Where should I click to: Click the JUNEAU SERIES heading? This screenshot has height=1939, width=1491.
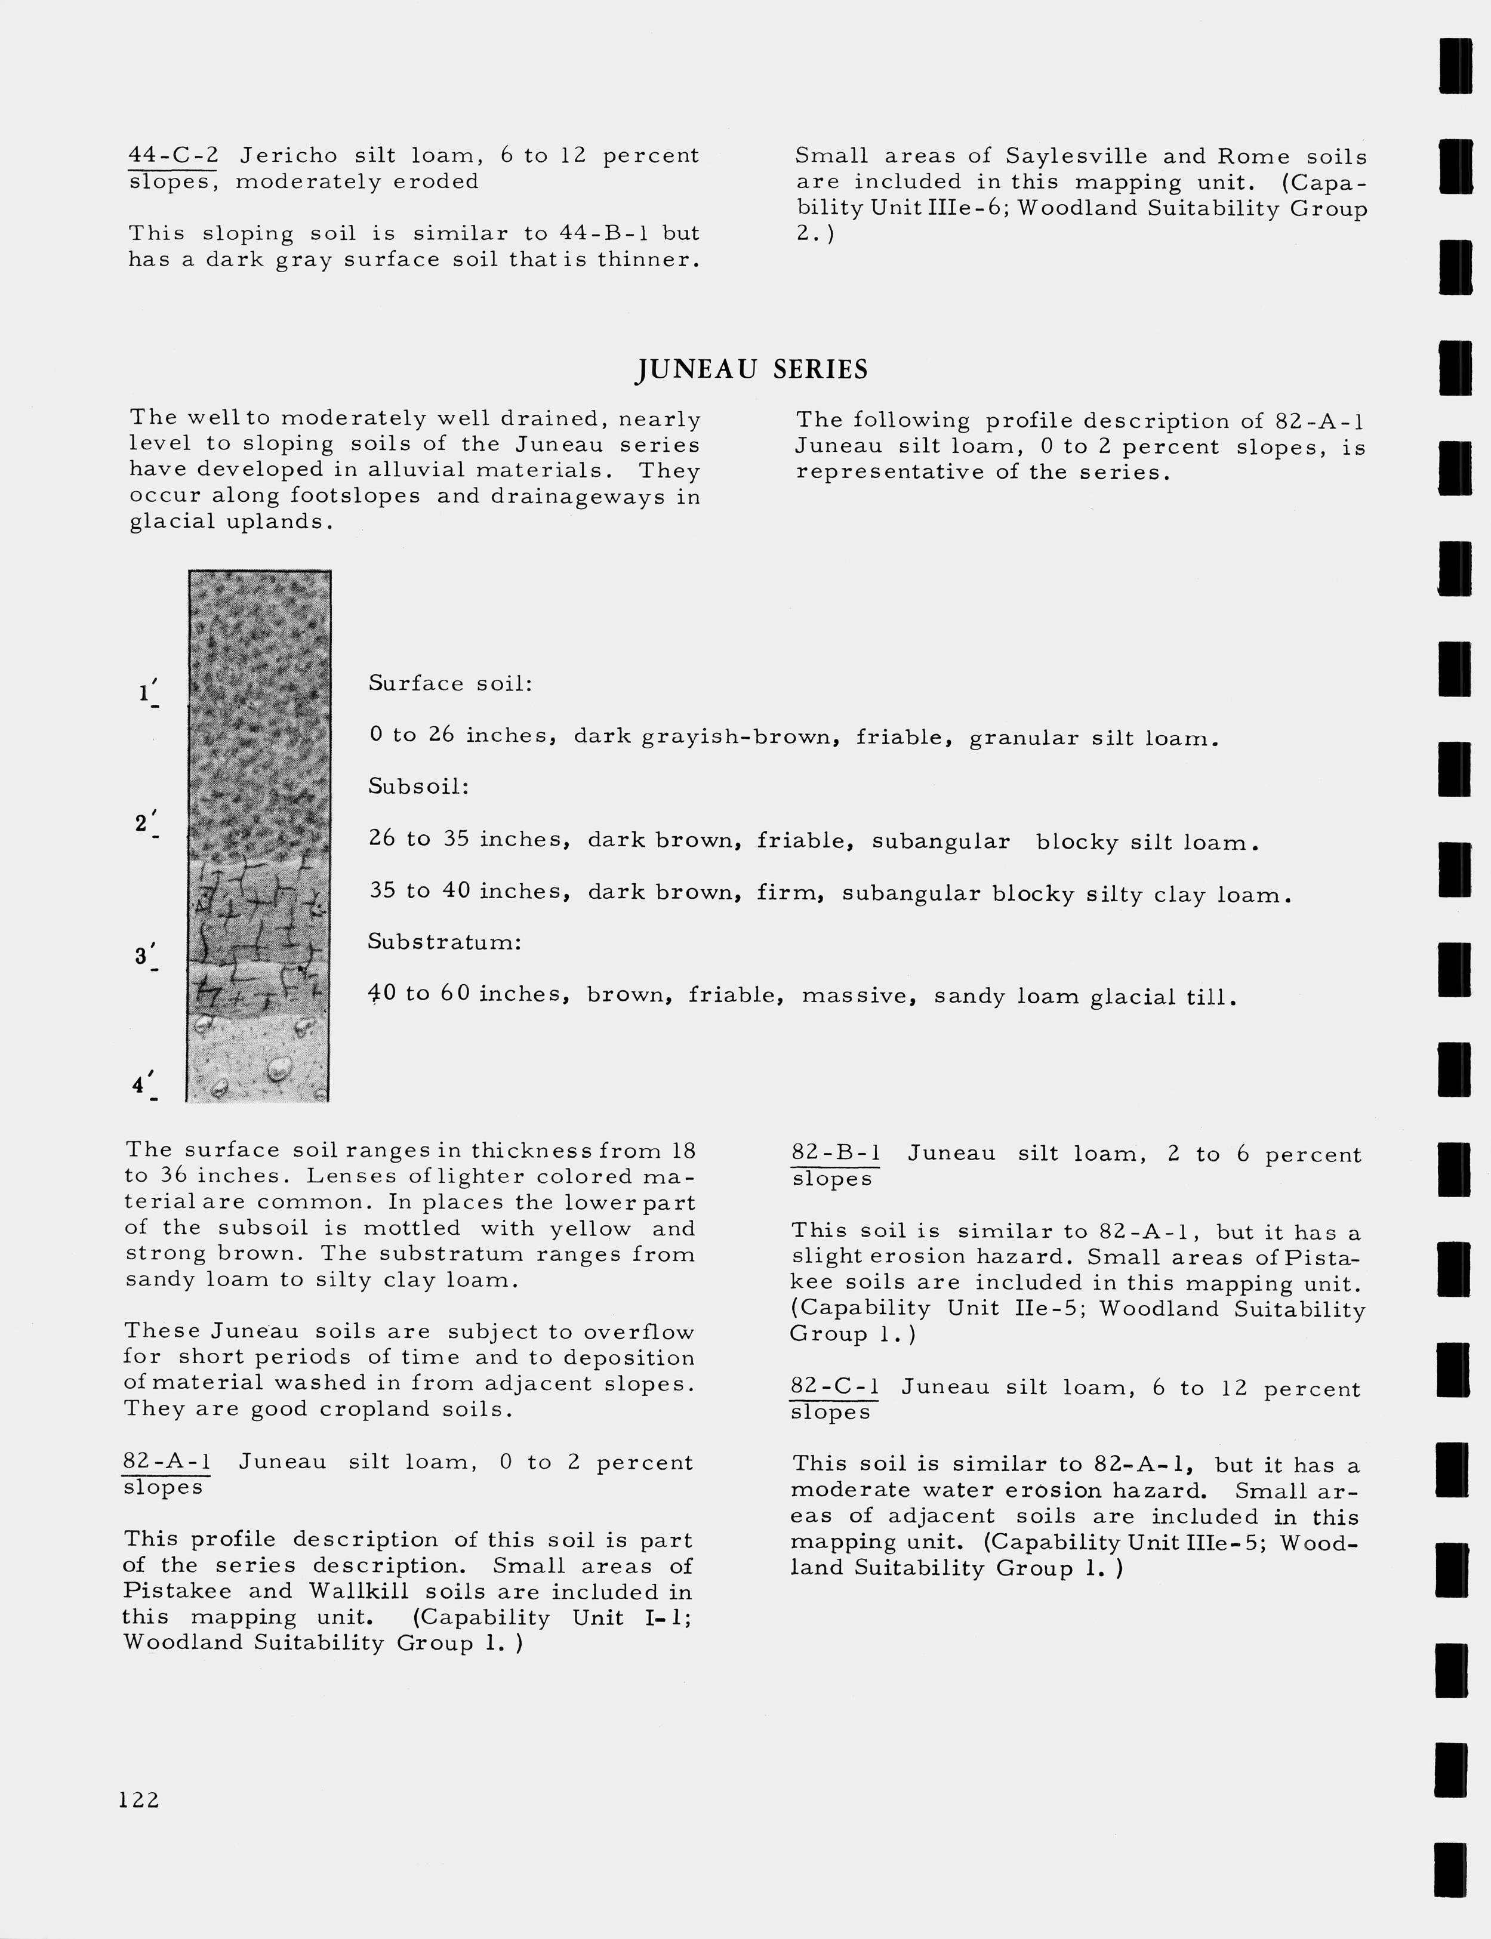tap(751, 369)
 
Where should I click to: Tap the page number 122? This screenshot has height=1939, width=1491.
tap(139, 1800)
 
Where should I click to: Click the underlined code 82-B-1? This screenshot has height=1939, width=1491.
tap(835, 1154)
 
